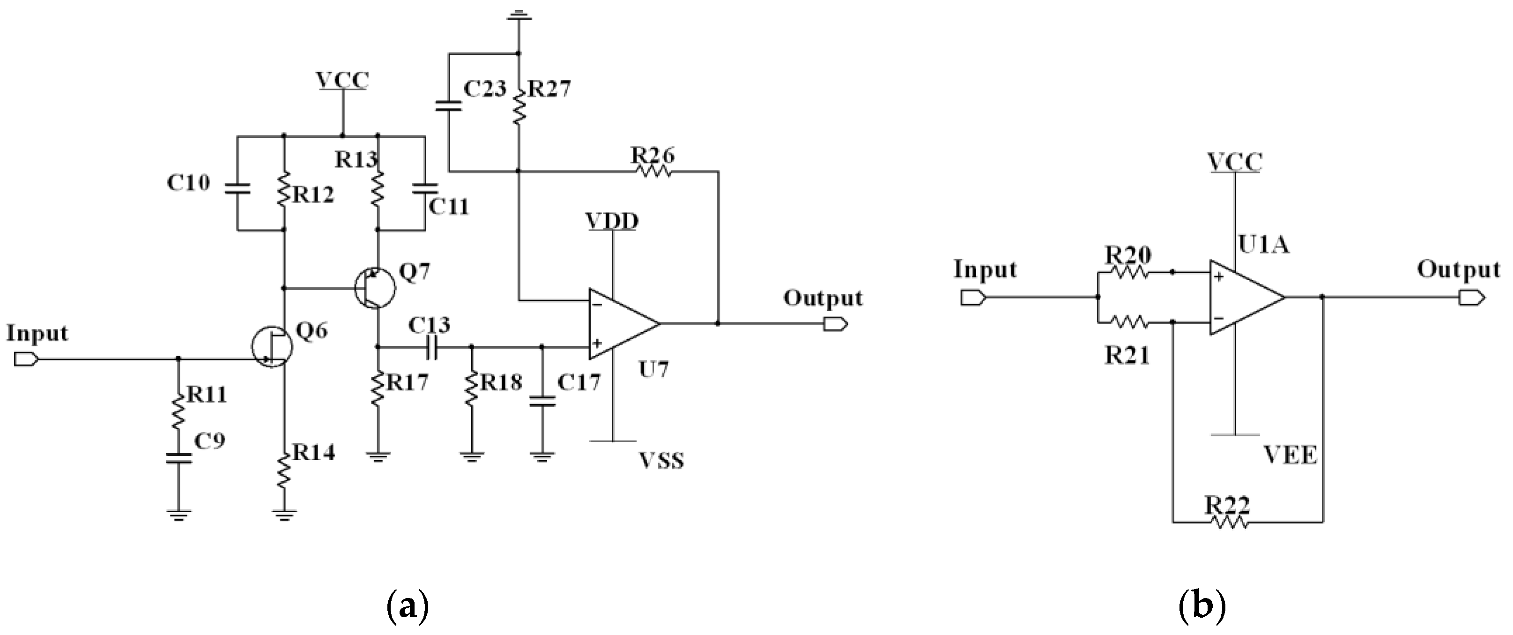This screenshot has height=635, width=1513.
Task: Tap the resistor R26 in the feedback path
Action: (x=653, y=171)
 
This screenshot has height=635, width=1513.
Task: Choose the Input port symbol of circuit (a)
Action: (x=26, y=359)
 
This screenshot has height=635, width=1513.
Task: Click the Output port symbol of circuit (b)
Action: (x=1471, y=298)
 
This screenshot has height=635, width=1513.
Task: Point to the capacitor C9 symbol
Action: (x=178, y=458)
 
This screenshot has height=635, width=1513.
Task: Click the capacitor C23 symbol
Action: (x=448, y=107)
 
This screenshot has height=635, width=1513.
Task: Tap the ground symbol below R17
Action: (x=378, y=455)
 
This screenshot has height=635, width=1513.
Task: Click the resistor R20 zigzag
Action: (x=1127, y=272)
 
